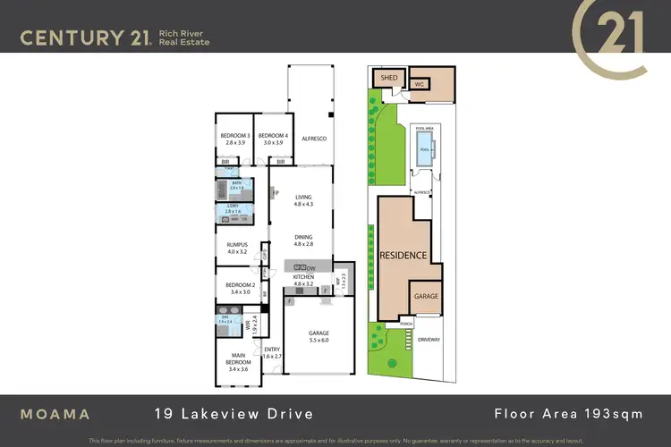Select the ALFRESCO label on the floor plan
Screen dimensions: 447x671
[x=313, y=139]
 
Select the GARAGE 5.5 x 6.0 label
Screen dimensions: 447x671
[x=319, y=337]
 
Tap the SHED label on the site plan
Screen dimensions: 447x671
[x=389, y=79]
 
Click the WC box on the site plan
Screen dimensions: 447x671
[x=418, y=84]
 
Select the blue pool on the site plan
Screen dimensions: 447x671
[x=424, y=149]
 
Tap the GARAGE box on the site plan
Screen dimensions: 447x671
[x=425, y=295]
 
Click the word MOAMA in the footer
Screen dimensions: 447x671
[x=55, y=413]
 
